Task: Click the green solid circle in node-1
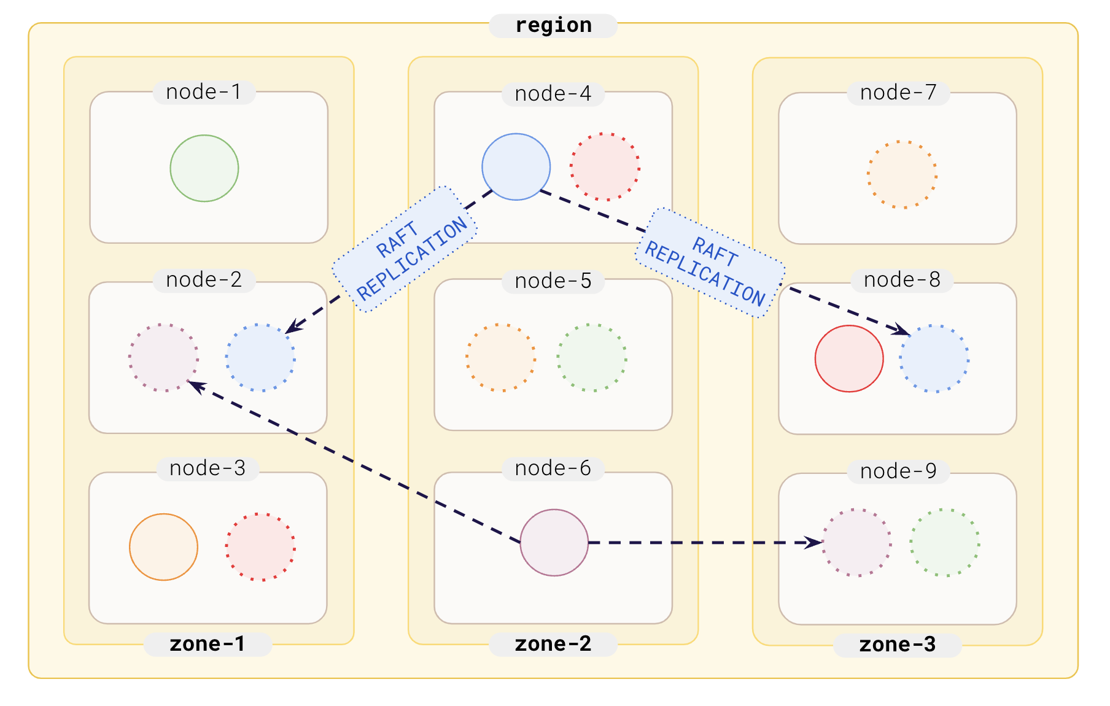coord(204,168)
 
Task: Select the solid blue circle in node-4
coord(516,167)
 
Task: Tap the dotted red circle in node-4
coord(605,167)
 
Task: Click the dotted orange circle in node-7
coord(902,174)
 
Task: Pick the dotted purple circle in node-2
coord(163,358)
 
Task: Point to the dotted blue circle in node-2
coord(260,358)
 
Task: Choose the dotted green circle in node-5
coord(591,358)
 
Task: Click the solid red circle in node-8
coord(848,359)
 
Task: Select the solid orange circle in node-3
coord(163,547)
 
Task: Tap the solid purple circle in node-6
coord(554,543)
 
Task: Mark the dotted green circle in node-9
coord(944,543)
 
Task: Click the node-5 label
coord(553,281)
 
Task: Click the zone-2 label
coord(553,644)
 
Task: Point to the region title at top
coord(553,25)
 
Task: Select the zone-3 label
coord(897,645)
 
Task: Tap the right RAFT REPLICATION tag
coord(710,263)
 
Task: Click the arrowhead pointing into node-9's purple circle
coord(815,543)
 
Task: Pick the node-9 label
coord(898,471)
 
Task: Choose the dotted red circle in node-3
coord(260,547)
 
